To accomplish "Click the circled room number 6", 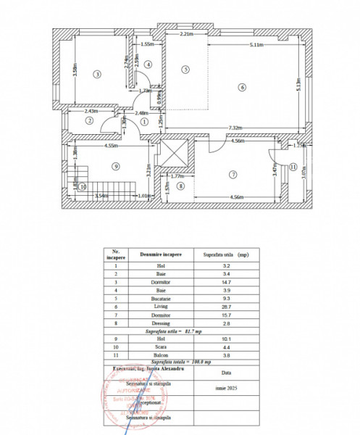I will [243, 88].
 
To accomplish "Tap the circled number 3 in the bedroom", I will [96, 74].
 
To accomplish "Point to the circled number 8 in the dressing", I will [181, 186].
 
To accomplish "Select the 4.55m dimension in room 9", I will [111, 146].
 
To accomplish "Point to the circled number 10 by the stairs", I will [62, 186].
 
